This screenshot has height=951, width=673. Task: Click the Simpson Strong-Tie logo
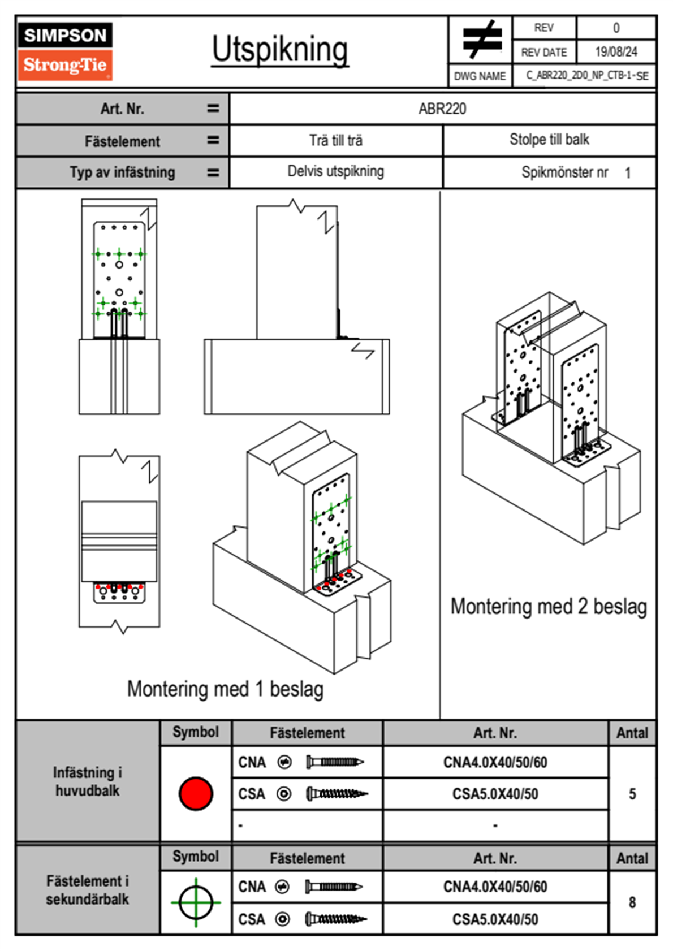65,51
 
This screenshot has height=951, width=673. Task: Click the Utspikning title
280,50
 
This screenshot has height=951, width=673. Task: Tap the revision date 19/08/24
616,52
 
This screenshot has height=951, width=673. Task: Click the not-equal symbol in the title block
482,40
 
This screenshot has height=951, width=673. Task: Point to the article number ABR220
442,109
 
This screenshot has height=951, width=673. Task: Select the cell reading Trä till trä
336,140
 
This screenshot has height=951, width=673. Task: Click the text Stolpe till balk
549,140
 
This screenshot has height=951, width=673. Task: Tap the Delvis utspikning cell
336,171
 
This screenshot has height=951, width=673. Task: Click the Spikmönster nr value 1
628,173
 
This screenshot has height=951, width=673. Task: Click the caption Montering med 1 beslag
225,689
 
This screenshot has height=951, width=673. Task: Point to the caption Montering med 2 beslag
549,607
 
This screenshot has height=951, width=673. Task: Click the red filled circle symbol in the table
196,793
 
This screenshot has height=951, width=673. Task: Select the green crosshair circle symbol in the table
196,902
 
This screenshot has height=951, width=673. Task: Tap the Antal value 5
632,794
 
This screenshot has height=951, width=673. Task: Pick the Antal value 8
632,902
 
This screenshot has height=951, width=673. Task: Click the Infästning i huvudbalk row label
88,781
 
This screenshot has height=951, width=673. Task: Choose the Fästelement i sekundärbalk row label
88,890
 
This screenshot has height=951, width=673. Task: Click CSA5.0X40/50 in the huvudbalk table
495,794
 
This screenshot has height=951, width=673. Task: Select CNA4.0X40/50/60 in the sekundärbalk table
495,887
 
